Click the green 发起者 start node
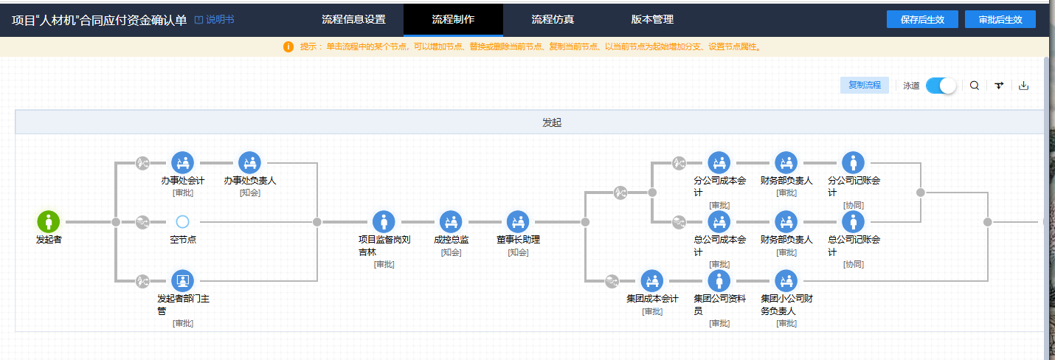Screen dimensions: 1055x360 coord(49,221)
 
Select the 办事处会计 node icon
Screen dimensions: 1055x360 coord(183,162)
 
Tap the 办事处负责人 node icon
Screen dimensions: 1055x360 coord(249,162)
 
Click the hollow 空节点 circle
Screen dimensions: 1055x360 coord(183,221)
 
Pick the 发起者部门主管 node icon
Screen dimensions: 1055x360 coord(183,281)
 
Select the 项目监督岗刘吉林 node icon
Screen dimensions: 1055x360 coord(384,221)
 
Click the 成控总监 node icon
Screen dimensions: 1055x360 coord(452,221)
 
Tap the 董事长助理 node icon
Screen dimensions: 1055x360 coord(518,221)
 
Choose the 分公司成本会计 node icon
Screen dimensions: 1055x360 coord(719,162)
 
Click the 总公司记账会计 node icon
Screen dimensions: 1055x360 coord(854,221)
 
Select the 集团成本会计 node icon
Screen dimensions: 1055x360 coord(652,281)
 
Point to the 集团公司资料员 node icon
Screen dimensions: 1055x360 coord(719,281)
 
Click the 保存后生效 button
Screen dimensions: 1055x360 coord(922,19)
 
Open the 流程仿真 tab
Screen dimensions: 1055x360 coord(553,19)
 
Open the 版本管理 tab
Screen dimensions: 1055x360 coord(652,19)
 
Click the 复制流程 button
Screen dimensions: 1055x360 coord(865,86)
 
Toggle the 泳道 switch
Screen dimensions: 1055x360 coord(941,86)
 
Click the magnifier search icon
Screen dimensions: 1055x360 coord(975,86)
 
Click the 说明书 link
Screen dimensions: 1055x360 coord(215,20)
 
